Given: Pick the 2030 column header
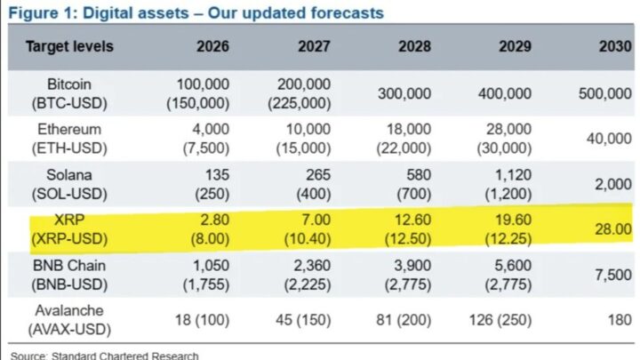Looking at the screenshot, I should [x=613, y=47].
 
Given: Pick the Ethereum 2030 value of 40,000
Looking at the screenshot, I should [x=608, y=138].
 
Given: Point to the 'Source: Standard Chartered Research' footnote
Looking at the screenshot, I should [x=105, y=355].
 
